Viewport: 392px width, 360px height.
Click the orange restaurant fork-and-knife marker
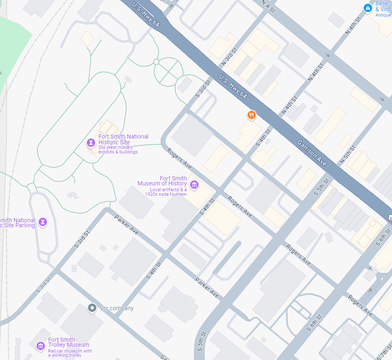point(251,115)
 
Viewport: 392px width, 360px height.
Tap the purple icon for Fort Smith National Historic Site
point(91,143)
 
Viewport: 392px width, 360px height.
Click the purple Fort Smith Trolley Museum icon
point(41,345)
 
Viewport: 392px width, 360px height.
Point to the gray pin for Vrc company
point(92,308)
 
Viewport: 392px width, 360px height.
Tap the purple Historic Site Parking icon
point(43,222)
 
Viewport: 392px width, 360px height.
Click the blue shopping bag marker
point(367,8)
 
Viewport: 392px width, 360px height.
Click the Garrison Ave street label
point(312,153)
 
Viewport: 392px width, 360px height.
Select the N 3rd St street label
point(229,57)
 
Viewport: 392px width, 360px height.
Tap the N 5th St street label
point(348,153)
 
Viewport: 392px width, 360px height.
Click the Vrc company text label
point(117,308)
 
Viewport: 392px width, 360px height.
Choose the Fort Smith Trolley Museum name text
point(69,342)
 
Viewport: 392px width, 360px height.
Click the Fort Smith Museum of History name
point(162,181)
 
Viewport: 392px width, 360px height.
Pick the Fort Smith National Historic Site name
point(123,139)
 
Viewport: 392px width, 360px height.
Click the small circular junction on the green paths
point(156,62)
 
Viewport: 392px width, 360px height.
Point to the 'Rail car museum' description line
point(70,351)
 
